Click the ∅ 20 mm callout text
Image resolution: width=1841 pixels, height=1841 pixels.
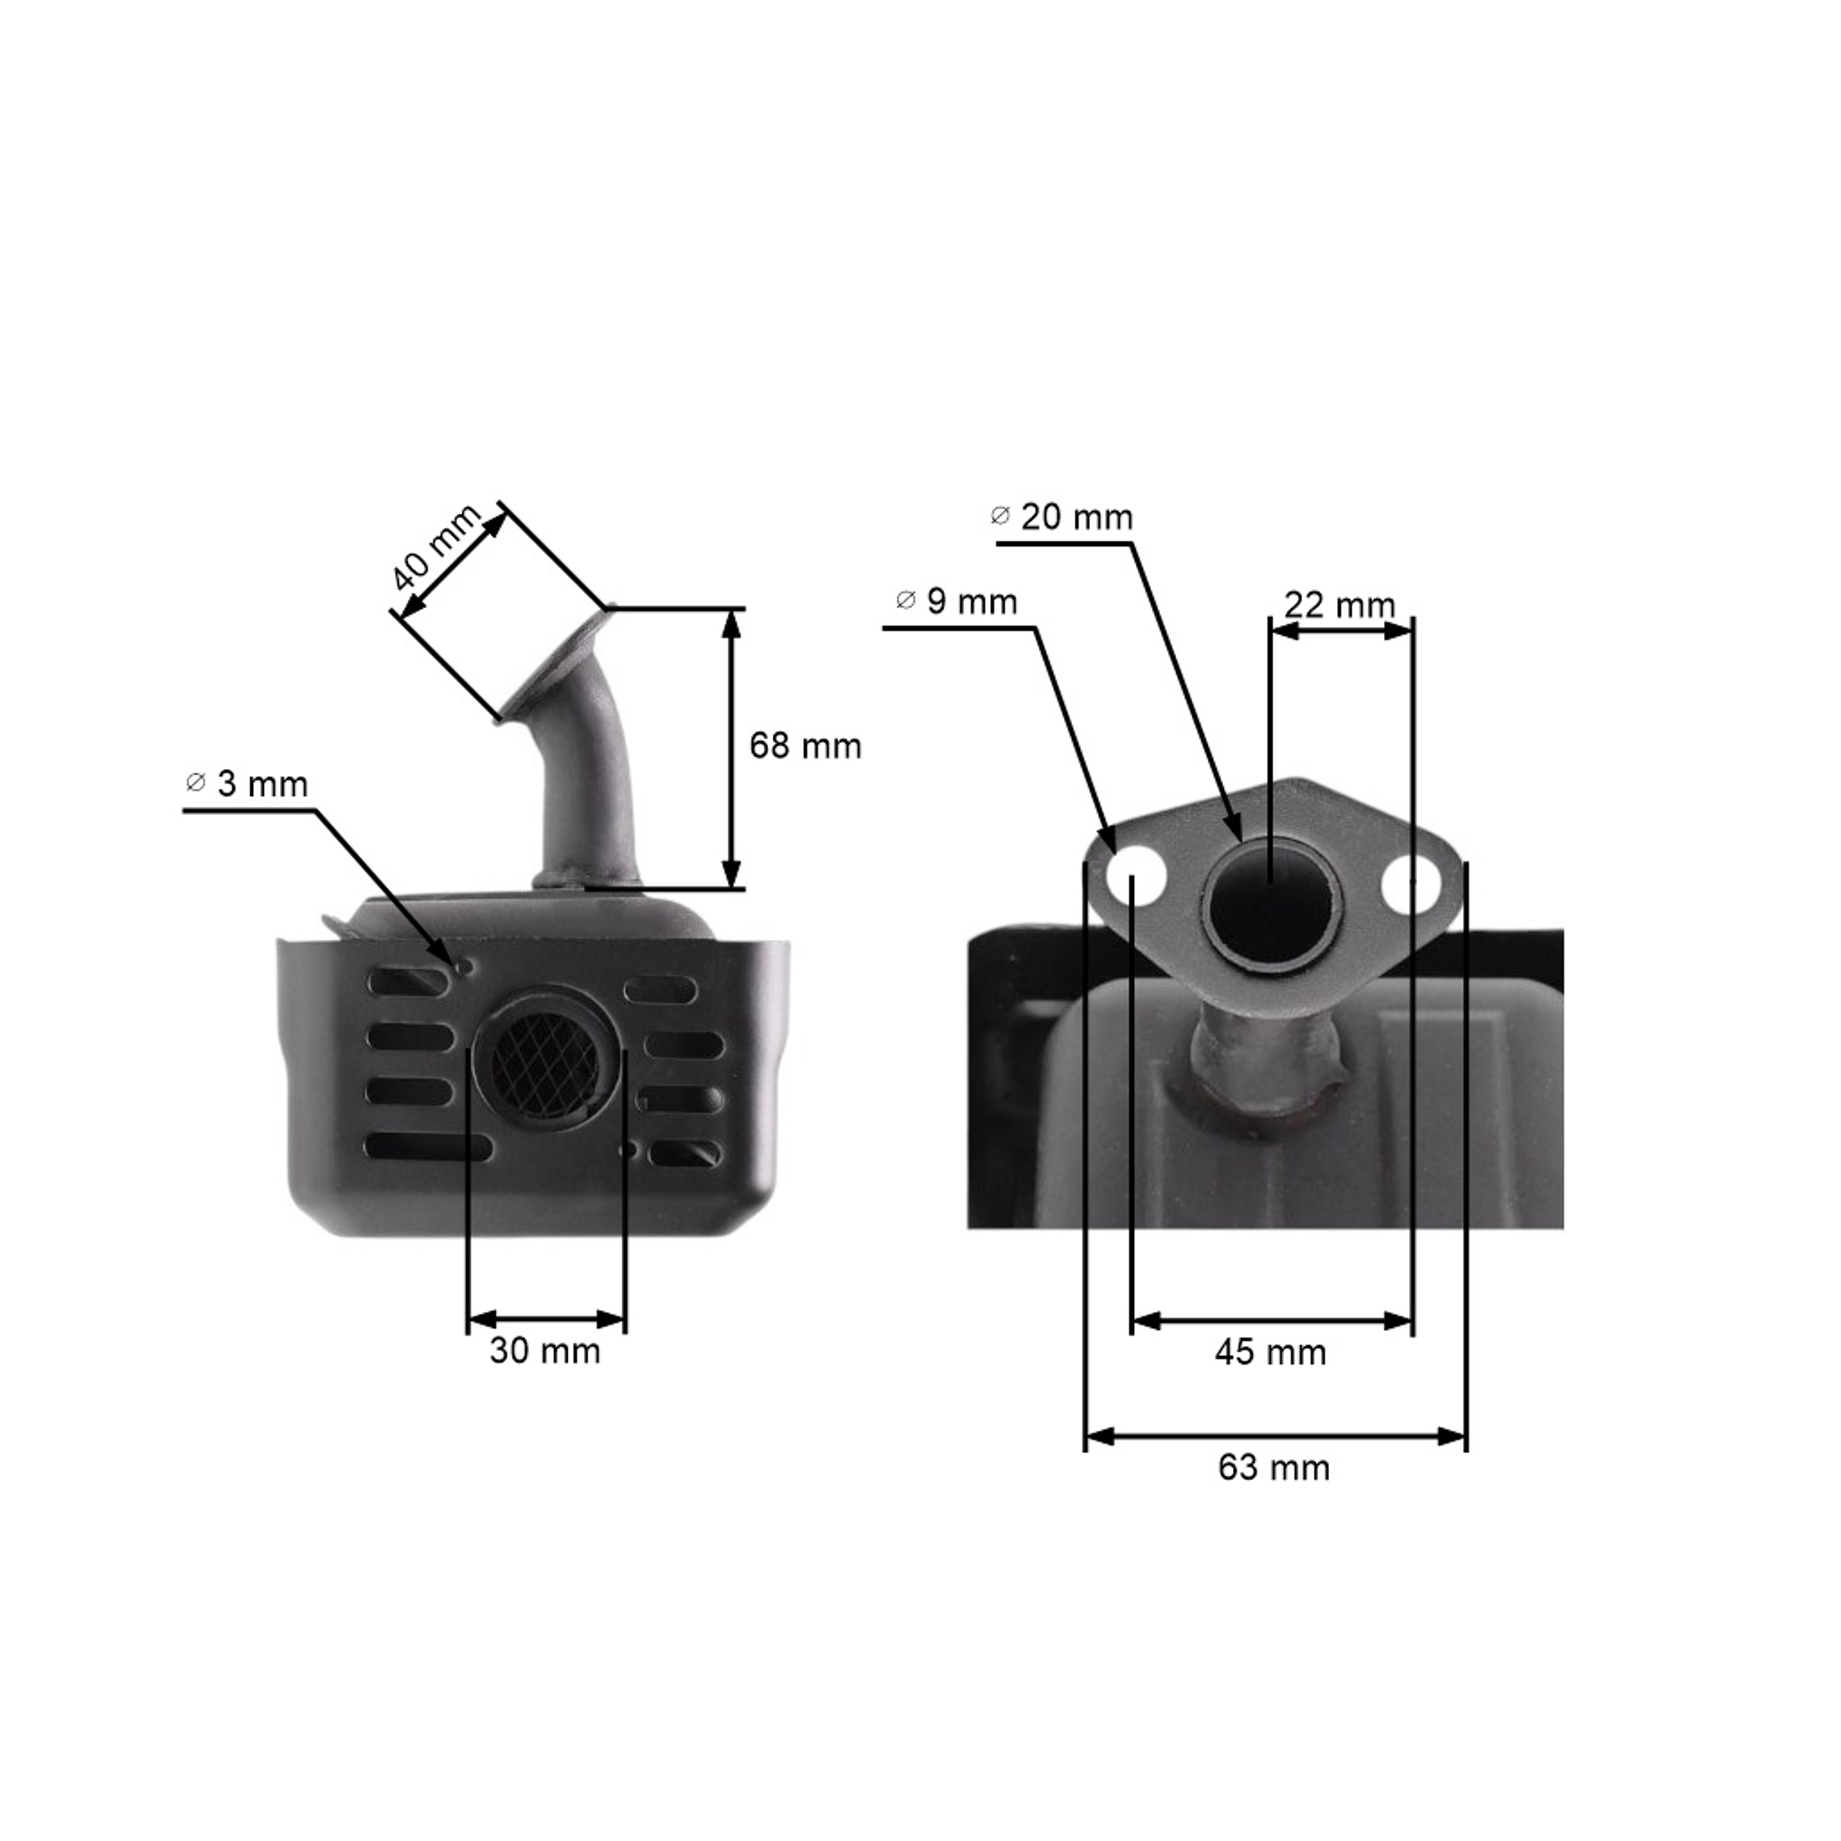point(1062,517)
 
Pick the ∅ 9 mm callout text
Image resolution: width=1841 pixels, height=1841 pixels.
point(957,601)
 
